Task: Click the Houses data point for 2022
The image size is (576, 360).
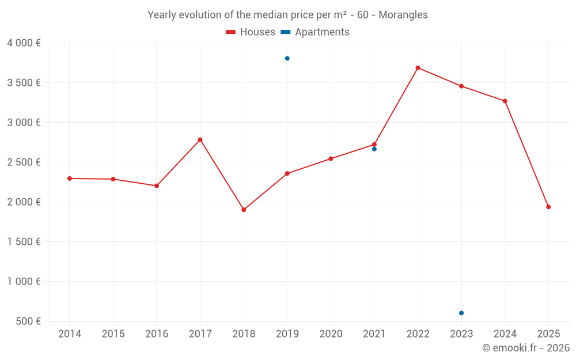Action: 418,68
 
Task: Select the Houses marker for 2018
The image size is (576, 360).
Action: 244,210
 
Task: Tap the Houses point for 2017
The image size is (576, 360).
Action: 200,140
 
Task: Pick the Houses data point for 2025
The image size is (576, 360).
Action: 548,207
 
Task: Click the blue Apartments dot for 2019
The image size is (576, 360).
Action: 287,58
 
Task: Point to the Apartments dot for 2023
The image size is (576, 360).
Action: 461,313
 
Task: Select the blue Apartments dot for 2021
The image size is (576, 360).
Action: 374,149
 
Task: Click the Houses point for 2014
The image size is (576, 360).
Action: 70,179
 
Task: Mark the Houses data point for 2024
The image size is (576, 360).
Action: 505,101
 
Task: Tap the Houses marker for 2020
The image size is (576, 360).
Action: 331,159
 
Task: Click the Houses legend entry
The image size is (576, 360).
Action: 251,32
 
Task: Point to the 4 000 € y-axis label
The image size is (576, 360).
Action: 24,43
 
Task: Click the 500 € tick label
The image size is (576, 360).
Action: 28,321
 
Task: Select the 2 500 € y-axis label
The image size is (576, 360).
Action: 24,162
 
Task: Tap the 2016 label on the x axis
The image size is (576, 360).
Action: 157,334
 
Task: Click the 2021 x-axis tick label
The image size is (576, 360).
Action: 374,334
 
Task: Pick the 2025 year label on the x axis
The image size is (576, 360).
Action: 548,334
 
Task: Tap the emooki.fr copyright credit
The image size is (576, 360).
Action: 526,348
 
